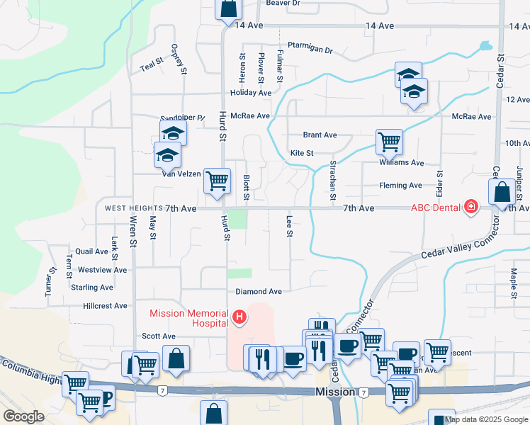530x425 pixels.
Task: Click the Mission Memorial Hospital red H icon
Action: [239, 317]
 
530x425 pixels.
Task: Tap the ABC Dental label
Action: [436, 208]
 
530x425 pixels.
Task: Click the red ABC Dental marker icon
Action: [470, 208]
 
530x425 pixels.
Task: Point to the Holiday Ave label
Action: [251, 93]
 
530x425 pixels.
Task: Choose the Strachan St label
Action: [332, 180]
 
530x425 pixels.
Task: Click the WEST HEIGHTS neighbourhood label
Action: [133, 209]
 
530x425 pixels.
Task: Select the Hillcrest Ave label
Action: [105, 306]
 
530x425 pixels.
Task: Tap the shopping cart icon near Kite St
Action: [389, 141]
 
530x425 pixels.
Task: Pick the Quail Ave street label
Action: [91, 251]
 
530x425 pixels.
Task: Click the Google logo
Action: [24, 416]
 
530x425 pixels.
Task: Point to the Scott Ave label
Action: [158, 336]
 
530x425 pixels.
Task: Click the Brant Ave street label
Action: [320, 135]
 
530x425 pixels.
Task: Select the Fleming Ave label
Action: [400, 186]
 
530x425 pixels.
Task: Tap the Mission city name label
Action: [335, 392]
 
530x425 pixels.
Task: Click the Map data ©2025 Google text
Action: [486, 419]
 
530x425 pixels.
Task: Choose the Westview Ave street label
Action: [102, 270]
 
